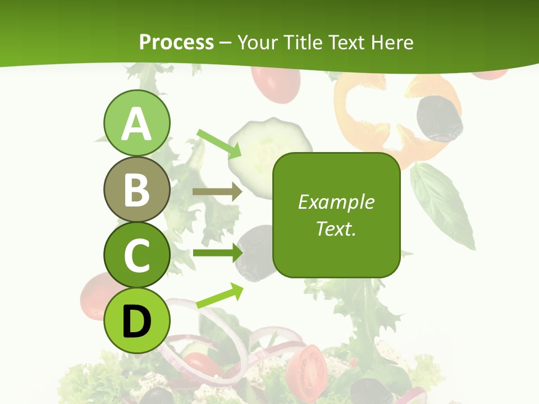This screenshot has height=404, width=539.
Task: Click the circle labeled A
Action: point(136,123)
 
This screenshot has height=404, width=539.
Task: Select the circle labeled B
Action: point(136,189)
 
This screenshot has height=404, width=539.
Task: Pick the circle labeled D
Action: point(136,320)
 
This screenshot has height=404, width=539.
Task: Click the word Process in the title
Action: point(176,42)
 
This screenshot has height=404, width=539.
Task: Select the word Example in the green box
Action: point(336,202)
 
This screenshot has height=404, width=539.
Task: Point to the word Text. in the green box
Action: point(336,228)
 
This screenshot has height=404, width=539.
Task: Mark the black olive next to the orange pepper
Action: point(439,118)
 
